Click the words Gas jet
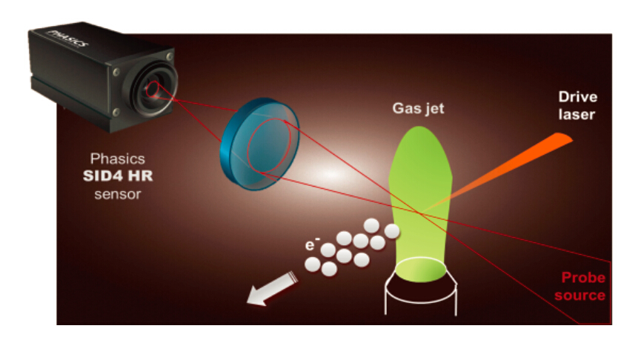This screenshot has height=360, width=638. (418, 109)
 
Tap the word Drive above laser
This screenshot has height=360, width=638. (577, 97)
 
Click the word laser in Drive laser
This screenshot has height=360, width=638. (576, 114)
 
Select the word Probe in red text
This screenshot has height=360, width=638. (583, 278)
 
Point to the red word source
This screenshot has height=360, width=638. (579, 295)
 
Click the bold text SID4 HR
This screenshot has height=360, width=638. (118, 176)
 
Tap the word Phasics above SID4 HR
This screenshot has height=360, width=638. (117, 159)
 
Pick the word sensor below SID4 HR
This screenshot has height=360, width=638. (118, 194)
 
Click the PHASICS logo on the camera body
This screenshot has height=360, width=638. (68, 39)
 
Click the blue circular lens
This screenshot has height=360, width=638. (259, 144)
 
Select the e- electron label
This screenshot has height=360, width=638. (312, 244)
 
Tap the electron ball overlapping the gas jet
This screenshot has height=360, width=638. (392, 231)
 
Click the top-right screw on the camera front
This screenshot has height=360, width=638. (169, 56)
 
